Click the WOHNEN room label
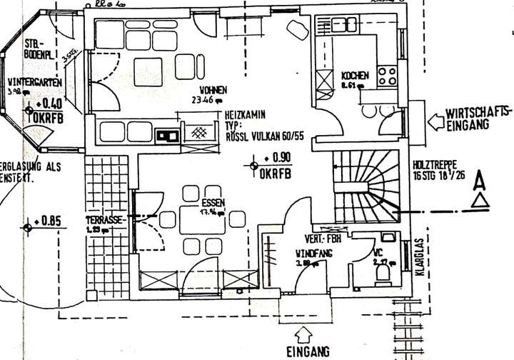point(213,90)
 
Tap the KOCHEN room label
point(355,76)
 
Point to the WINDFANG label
point(311,254)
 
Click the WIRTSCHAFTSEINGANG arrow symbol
point(433,121)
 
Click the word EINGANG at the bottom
point(308,351)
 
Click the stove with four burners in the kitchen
point(388,76)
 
